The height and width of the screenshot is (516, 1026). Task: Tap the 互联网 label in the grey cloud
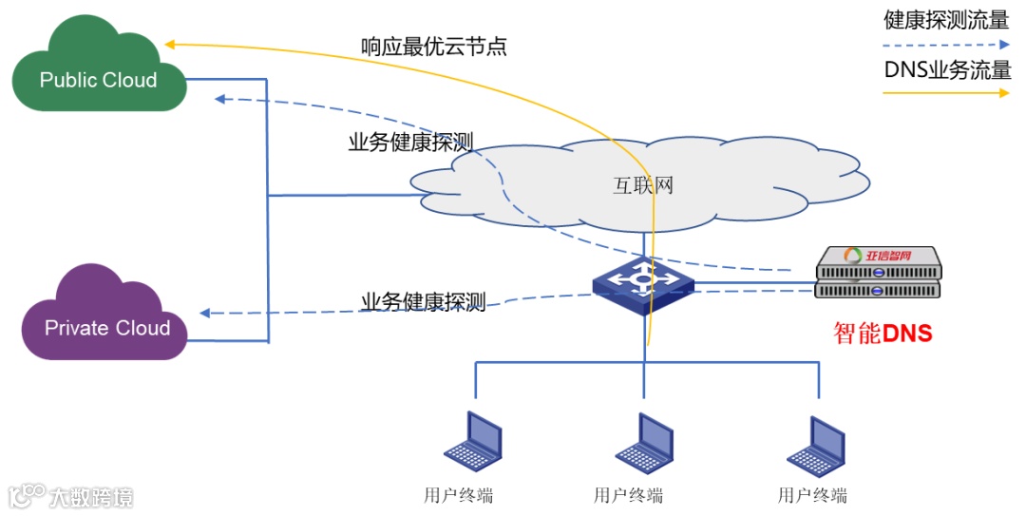643,184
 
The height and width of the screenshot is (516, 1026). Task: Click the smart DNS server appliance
878,273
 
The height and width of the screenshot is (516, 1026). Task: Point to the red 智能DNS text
882,334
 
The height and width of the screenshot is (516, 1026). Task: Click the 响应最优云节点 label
433,46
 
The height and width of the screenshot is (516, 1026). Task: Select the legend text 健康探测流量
946,20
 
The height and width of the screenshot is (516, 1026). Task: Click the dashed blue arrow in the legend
946,45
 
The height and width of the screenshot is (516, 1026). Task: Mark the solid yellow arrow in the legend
946,93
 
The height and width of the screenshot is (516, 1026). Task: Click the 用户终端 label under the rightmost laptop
812,495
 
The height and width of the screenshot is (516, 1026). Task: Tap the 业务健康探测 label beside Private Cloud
424,302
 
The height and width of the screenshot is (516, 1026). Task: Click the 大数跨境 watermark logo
70,496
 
